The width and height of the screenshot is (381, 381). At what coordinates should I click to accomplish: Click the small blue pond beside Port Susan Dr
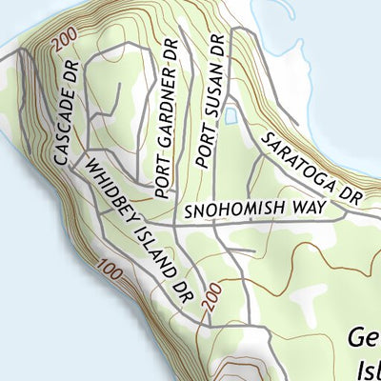231,114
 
